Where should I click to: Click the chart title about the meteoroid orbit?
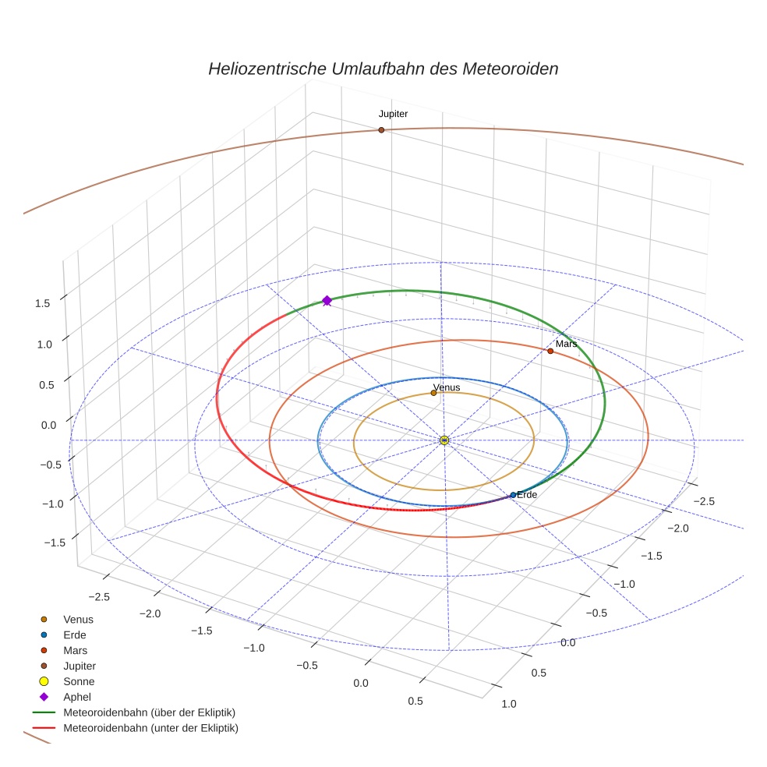point(383,69)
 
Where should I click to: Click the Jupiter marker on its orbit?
point(381,130)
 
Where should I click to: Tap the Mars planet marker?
point(550,351)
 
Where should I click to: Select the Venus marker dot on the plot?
point(433,393)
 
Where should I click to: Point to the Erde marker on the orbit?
point(513,495)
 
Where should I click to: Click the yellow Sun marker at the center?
point(444,440)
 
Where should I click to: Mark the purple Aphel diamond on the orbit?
point(327,300)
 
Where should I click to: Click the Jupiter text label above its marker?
point(393,114)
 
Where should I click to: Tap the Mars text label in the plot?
point(566,344)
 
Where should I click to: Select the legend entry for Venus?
point(78,619)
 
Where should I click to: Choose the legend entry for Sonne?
point(79,681)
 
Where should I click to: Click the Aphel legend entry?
point(78,697)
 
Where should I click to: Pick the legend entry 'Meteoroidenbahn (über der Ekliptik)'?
point(149,712)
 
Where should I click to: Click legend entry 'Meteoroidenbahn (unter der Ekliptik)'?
point(150,728)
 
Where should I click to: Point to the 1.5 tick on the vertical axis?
point(43,303)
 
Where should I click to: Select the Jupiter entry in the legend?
point(80,666)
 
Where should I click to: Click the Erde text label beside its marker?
point(527,495)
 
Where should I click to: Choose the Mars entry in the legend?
point(75,650)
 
